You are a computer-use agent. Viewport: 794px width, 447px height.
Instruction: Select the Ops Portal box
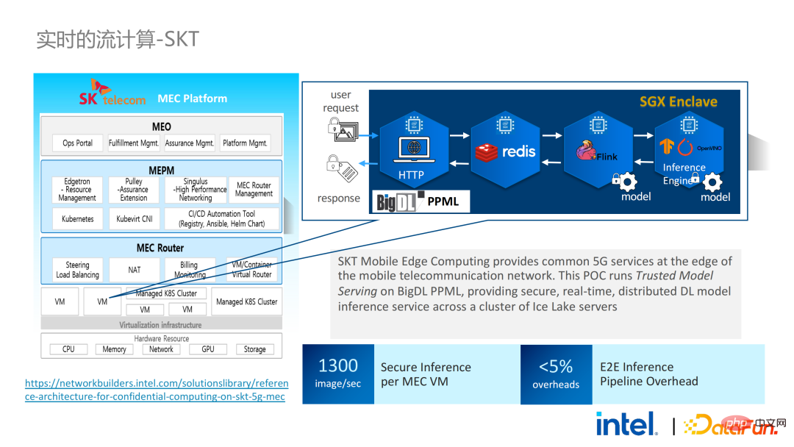77,143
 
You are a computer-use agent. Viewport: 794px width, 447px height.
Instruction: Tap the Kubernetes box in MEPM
77,219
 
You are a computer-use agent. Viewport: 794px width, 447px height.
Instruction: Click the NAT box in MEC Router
134,270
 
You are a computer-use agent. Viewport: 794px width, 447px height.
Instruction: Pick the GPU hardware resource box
208,349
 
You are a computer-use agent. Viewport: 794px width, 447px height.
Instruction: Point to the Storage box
254,349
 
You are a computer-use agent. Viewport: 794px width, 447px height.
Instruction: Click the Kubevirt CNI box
135,219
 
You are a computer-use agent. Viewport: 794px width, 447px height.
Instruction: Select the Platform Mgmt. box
246,143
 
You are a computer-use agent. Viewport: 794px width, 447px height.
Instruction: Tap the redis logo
507,152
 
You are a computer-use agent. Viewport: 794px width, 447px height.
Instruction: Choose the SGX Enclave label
678,101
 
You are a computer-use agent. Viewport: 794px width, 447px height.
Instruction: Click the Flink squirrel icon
586,151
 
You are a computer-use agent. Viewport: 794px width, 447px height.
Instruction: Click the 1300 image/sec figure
338,373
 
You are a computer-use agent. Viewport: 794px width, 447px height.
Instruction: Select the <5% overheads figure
556,373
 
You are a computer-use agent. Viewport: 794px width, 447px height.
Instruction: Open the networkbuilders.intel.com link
157,390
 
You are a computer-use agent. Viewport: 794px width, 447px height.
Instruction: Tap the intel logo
626,424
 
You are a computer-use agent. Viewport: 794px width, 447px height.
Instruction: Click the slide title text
118,39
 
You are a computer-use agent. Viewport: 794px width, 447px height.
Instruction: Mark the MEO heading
161,127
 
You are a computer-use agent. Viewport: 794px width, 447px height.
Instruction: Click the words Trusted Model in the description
674,276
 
